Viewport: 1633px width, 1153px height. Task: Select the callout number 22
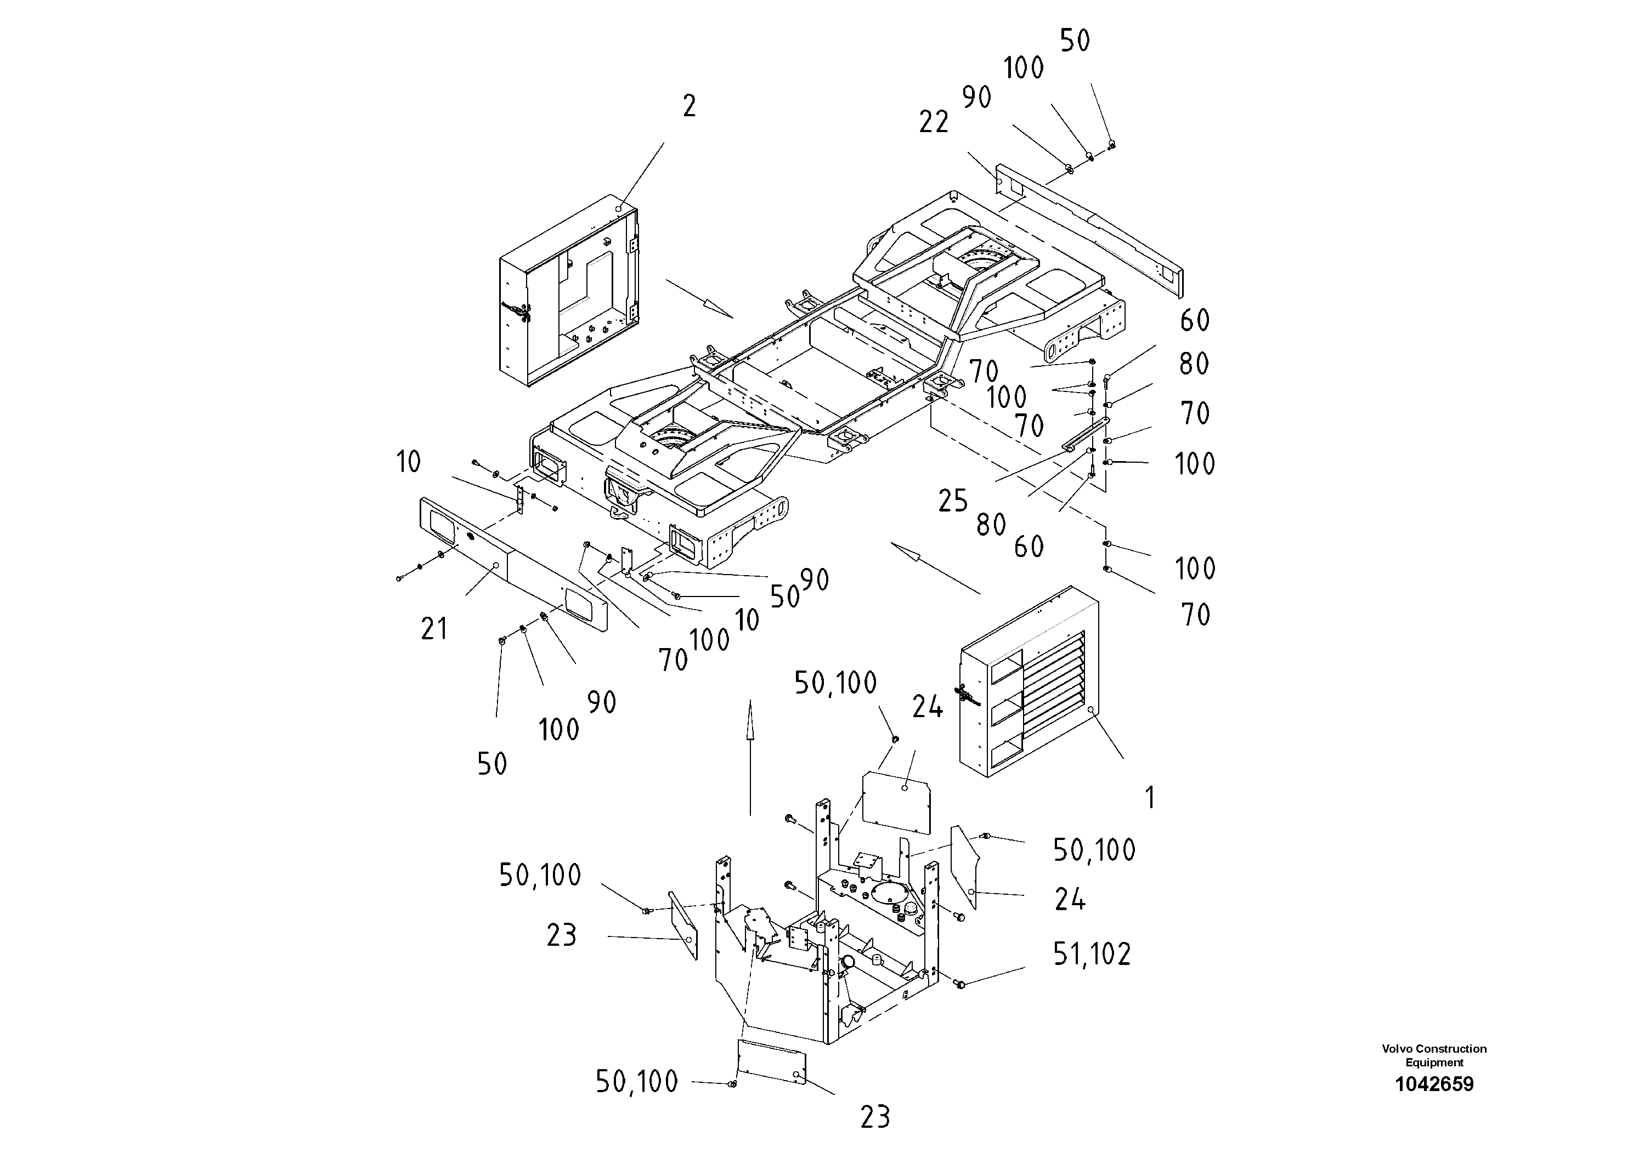(933, 123)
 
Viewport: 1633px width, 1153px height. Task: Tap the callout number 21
(434, 629)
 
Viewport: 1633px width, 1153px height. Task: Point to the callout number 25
(952, 502)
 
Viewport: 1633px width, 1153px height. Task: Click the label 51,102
(1092, 955)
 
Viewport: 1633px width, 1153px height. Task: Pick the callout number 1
(1150, 798)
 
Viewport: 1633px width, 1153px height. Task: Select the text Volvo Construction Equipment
(1434, 1055)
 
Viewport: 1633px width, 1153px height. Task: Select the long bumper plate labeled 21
(512, 561)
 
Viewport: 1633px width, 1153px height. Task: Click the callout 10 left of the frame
(408, 463)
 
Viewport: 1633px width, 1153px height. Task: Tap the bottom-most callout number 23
(875, 1117)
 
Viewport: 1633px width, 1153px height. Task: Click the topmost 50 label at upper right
(1075, 41)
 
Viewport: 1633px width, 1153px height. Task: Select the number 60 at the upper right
(1194, 321)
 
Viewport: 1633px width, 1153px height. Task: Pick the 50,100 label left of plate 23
(540, 876)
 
